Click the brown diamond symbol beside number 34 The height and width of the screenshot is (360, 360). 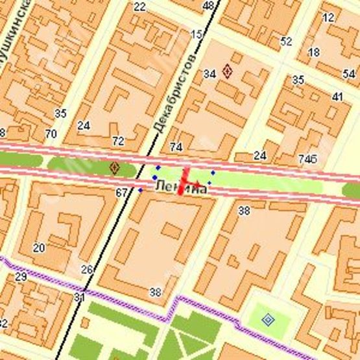pyautogui.click(x=227, y=71)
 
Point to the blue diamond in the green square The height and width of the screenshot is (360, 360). pyautogui.click(x=268, y=318)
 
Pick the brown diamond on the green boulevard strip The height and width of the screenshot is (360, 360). pyautogui.click(x=115, y=168)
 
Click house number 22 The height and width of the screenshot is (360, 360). pyautogui.click(x=139, y=7)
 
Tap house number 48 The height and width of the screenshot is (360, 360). pyautogui.click(x=208, y=6)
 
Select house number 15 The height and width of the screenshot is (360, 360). pyautogui.click(x=195, y=34)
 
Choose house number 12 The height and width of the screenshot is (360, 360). pyautogui.click(x=328, y=18)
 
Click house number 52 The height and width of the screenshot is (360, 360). pyautogui.click(x=286, y=42)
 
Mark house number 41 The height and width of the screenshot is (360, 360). pyautogui.click(x=337, y=97)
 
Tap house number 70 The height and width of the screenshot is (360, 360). pyautogui.click(x=51, y=134)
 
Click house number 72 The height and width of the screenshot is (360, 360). pyautogui.click(x=117, y=141)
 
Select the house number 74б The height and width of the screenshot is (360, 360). pyautogui.click(x=307, y=159)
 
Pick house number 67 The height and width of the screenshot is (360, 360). pyautogui.click(x=121, y=193)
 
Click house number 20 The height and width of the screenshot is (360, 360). pyautogui.click(x=39, y=247)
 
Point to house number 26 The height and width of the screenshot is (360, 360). pyautogui.click(x=87, y=269)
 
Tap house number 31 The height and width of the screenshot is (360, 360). pyautogui.click(x=79, y=297)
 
